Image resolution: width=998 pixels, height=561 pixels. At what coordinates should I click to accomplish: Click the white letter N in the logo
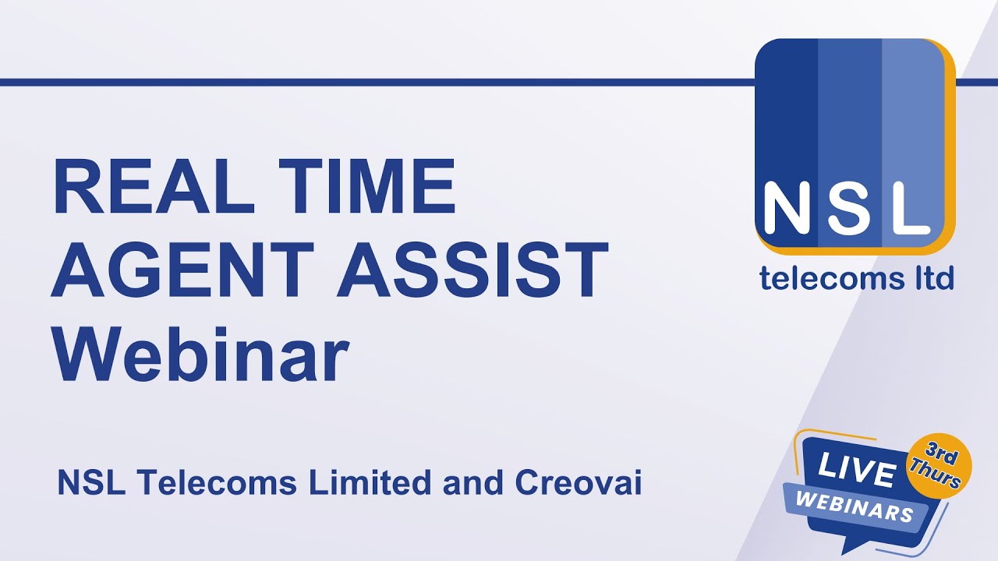pos(787,209)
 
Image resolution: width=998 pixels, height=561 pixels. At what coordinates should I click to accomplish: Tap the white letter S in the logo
pos(851,209)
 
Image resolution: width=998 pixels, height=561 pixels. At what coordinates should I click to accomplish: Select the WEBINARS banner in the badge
pos(856,506)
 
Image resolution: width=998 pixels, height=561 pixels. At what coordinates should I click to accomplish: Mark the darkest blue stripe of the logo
pos(786,117)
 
